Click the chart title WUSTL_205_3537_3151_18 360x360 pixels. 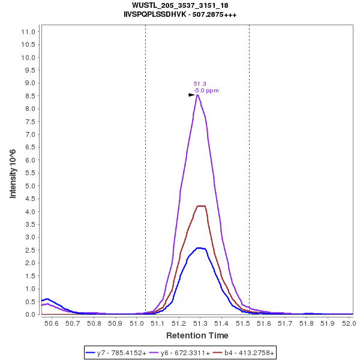(180, 5)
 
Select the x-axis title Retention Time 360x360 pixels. (197, 335)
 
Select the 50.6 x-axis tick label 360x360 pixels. (52, 324)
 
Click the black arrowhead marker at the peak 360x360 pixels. (192, 95)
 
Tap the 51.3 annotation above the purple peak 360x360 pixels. (200, 84)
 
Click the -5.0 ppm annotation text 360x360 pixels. (206, 91)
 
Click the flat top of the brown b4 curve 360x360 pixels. (200, 206)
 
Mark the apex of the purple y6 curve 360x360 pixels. (197, 94)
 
